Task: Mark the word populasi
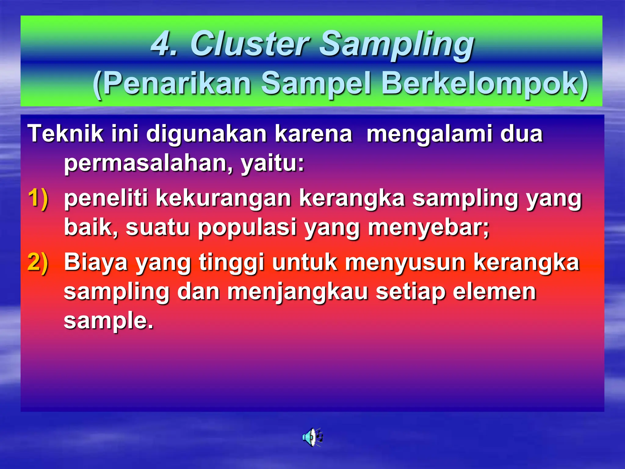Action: click(247, 227)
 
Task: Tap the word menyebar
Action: click(428, 227)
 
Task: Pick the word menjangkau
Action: click(298, 292)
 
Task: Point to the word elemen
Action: click(494, 292)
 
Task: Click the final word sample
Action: click(108, 321)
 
